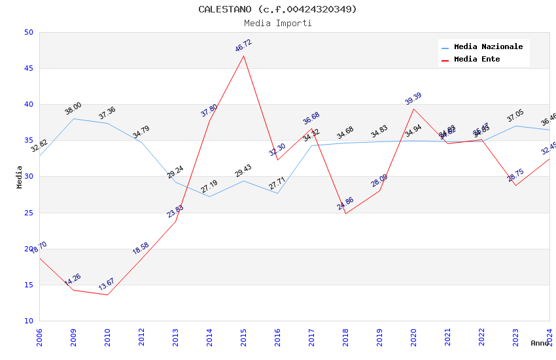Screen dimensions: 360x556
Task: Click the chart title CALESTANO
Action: [277, 9]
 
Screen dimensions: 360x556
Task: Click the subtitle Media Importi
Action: [277, 23]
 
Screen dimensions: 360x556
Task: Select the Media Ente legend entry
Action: [476, 60]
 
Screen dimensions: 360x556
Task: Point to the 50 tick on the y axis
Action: [28, 33]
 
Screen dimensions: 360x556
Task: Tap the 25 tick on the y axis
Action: [28, 213]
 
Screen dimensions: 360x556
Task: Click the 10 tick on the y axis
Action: [28, 321]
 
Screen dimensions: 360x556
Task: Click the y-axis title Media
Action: [20, 177]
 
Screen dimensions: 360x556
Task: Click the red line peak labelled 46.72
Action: [243, 56]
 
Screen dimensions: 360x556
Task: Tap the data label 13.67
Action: [107, 285]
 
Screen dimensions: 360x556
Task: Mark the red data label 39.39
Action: [413, 99]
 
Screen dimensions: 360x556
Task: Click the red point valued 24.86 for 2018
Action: [345, 213]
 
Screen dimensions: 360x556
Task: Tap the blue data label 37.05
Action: [515, 117]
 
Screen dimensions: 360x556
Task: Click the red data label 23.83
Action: [175, 211]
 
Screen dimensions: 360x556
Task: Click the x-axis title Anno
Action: [540, 343]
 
